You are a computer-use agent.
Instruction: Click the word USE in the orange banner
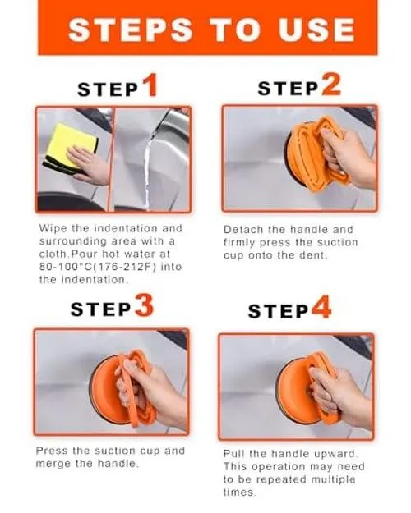[x=316, y=30]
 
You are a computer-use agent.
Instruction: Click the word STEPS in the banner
[x=130, y=30]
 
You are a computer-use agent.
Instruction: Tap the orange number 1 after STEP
[x=150, y=85]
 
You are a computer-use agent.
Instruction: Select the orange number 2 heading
[x=331, y=85]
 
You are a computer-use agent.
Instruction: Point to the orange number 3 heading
[x=145, y=305]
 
